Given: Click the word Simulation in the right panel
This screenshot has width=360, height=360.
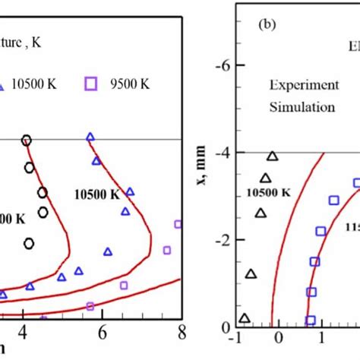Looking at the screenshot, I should click(x=302, y=107).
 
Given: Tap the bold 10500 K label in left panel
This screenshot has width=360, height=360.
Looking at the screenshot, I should click(x=96, y=194).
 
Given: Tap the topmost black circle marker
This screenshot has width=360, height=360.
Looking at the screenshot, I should click(x=27, y=140).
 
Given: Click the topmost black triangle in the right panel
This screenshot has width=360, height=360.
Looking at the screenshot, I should click(x=272, y=156).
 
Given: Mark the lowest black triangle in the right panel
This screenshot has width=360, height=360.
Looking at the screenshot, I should click(x=244, y=318).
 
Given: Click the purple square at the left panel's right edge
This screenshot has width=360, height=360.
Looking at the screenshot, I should click(x=178, y=224).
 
